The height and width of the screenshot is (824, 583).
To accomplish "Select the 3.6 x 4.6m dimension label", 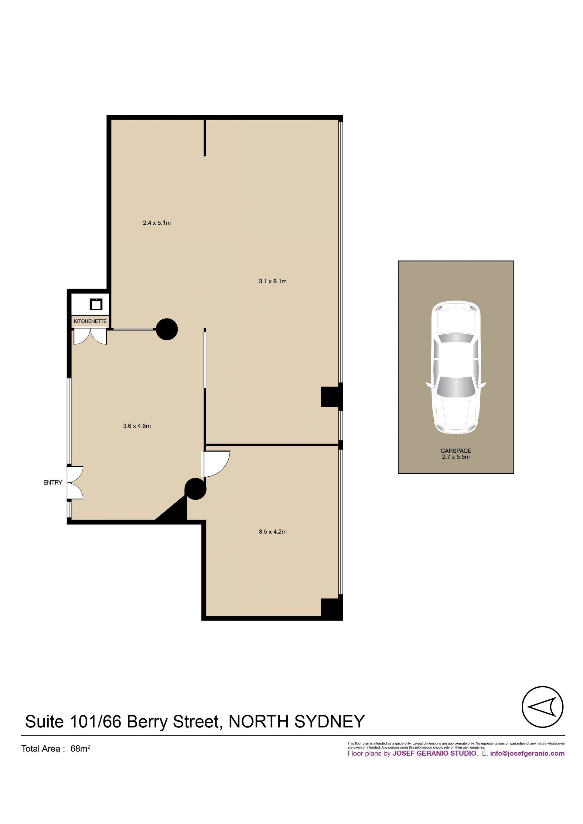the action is [137, 426].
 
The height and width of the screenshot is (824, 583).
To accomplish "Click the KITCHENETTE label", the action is [90, 321].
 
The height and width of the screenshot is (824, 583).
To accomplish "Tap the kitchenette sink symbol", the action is [96, 304].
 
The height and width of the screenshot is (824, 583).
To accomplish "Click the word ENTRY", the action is [53, 483].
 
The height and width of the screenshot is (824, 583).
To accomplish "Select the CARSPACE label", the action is [456, 451].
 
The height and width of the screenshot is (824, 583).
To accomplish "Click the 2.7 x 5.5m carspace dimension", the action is [456, 457].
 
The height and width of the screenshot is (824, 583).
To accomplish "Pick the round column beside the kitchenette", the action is [167, 329].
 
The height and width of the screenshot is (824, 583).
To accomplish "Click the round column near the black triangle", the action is [195, 489].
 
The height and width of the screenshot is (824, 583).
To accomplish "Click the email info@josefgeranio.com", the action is [527, 753].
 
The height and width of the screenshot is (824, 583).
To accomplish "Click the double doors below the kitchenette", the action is [90, 337].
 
